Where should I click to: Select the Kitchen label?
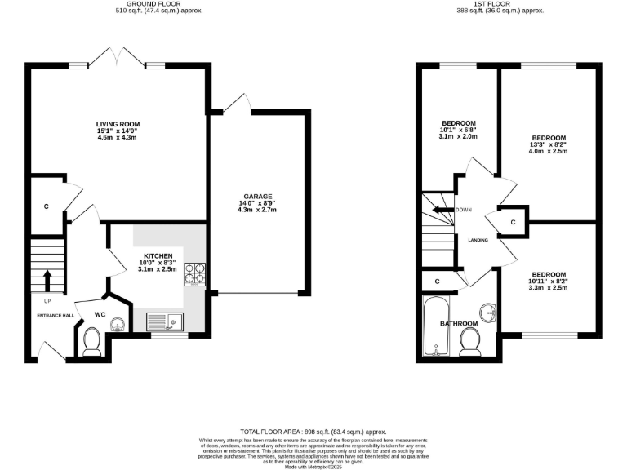point(158,263)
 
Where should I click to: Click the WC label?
point(100,313)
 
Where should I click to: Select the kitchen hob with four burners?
point(195,273)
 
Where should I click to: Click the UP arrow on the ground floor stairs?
point(47,280)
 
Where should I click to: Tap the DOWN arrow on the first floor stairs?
point(443,210)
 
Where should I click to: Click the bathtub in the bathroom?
point(434,326)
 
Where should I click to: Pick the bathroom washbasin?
point(488,312)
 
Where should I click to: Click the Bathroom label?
point(459,324)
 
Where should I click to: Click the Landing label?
point(478,241)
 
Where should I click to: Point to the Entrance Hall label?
point(55,315)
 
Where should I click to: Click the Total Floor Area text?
point(313,432)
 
